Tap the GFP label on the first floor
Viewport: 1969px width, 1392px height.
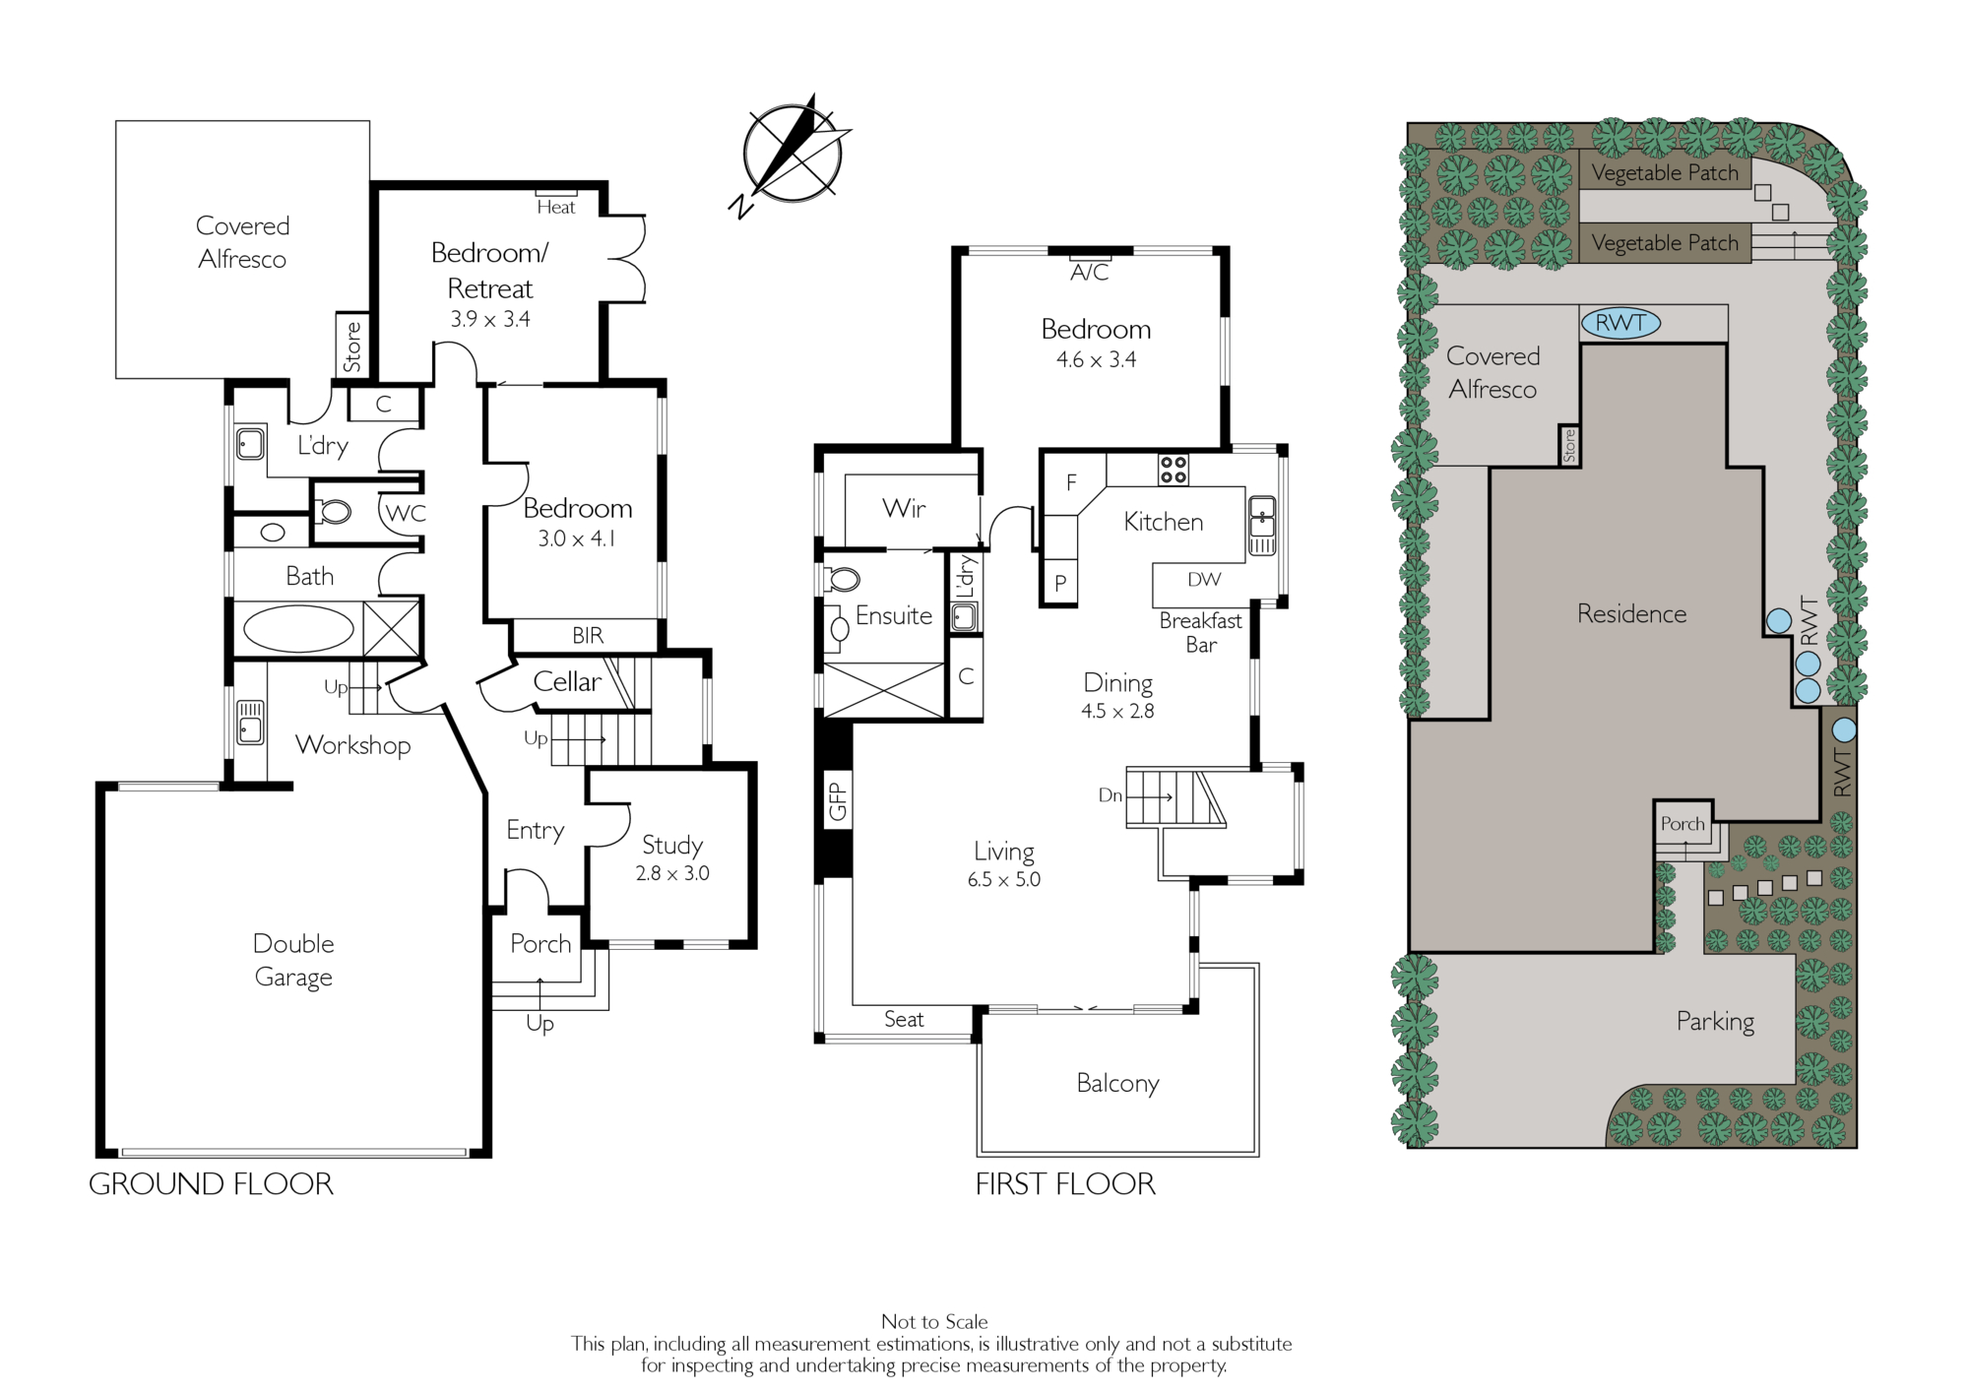[837, 801]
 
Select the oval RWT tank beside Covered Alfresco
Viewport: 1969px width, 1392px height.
[1620, 322]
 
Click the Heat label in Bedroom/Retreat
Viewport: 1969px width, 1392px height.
[556, 207]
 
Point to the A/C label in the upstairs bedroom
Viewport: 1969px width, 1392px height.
[1090, 273]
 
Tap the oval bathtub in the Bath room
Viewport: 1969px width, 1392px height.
[298, 629]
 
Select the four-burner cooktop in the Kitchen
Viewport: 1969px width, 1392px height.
[1173, 470]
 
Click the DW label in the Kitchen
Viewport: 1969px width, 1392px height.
[1204, 580]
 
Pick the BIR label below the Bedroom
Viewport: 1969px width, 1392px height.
[588, 636]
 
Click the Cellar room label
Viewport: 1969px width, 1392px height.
[567, 681]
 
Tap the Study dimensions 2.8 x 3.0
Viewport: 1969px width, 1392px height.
[672, 873]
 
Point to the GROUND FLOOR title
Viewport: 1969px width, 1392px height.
[212, 1183]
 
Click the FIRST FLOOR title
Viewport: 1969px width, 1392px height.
[1065, 1183]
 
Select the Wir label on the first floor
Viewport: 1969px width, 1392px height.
[904, 509]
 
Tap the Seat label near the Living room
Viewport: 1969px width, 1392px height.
[904, 1019]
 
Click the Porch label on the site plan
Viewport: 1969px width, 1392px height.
[1683, 824]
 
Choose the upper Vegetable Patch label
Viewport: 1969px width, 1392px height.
[1665, 173]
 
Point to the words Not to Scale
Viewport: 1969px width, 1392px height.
[934, 1321]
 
